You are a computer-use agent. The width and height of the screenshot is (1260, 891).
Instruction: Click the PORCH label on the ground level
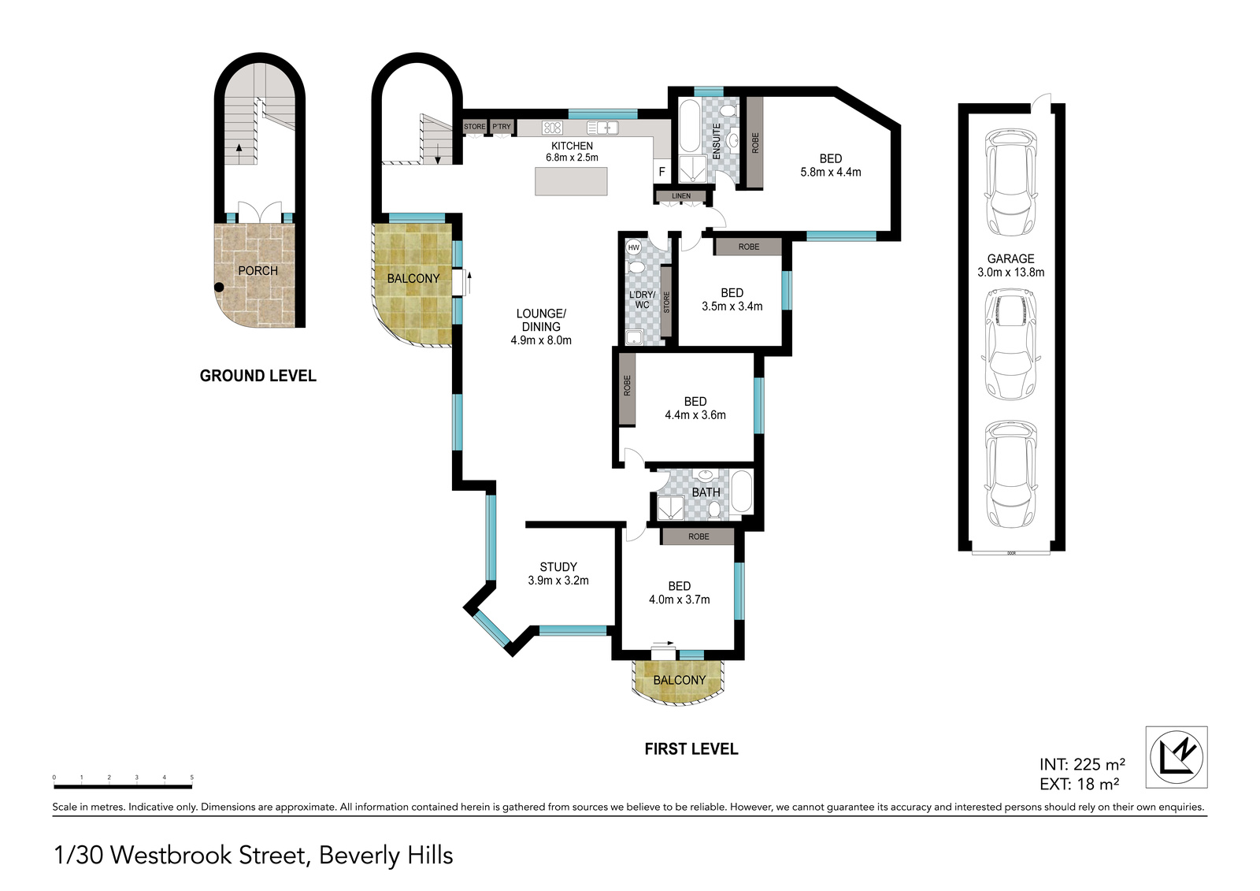click(258, 271)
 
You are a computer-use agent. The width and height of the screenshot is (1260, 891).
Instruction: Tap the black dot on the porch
click(219, 287)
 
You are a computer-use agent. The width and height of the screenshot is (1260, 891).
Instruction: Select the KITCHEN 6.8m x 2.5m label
click(572, 152)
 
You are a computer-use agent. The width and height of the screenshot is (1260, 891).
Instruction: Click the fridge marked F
click(662, 172)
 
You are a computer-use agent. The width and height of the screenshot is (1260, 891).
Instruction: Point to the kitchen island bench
click(571, 181)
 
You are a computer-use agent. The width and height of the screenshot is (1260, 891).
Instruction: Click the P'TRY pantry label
click(502, 127)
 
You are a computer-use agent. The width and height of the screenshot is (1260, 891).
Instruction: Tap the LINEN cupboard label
click(681, 196)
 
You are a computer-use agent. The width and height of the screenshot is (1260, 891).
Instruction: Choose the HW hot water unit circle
click(634, 247)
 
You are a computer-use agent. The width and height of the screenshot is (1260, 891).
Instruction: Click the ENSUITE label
click(717, 141)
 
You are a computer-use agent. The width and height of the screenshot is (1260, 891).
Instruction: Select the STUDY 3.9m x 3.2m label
click(558, 574)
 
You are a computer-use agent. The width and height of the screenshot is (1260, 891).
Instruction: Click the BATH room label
click(706, 492)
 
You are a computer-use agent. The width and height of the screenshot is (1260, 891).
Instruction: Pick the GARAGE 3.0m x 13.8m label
click(1011, 265)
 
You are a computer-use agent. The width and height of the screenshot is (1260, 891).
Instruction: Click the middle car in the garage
click(1011, 344)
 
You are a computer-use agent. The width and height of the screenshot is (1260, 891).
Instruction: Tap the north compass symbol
click(1177, 757)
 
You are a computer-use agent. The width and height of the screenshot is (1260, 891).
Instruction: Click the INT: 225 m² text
click(1082, 764)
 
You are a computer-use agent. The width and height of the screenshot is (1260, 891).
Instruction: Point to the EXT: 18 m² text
click(1079, 784)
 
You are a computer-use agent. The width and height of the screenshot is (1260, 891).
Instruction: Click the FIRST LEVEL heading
click(691, 749)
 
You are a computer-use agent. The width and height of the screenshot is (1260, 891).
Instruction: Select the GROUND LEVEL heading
click(258, 376)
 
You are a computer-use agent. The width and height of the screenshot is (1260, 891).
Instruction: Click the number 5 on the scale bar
click(192, 778)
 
